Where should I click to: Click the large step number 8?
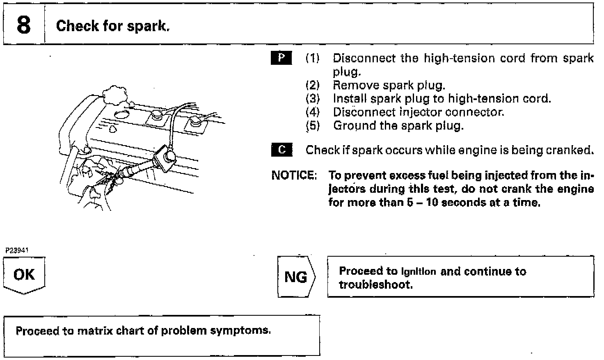click(x=23, y=25)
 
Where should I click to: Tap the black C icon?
click(x=281, y=150)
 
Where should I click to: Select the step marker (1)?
click(x=312, y=58)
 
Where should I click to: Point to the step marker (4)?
click(x=312, y=112)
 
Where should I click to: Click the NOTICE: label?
click(x=294, y=175)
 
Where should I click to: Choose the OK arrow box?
click(x=24, y=275)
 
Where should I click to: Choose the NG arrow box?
click(x=296, y=277)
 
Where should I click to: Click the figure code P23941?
click(x=17, y=250)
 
